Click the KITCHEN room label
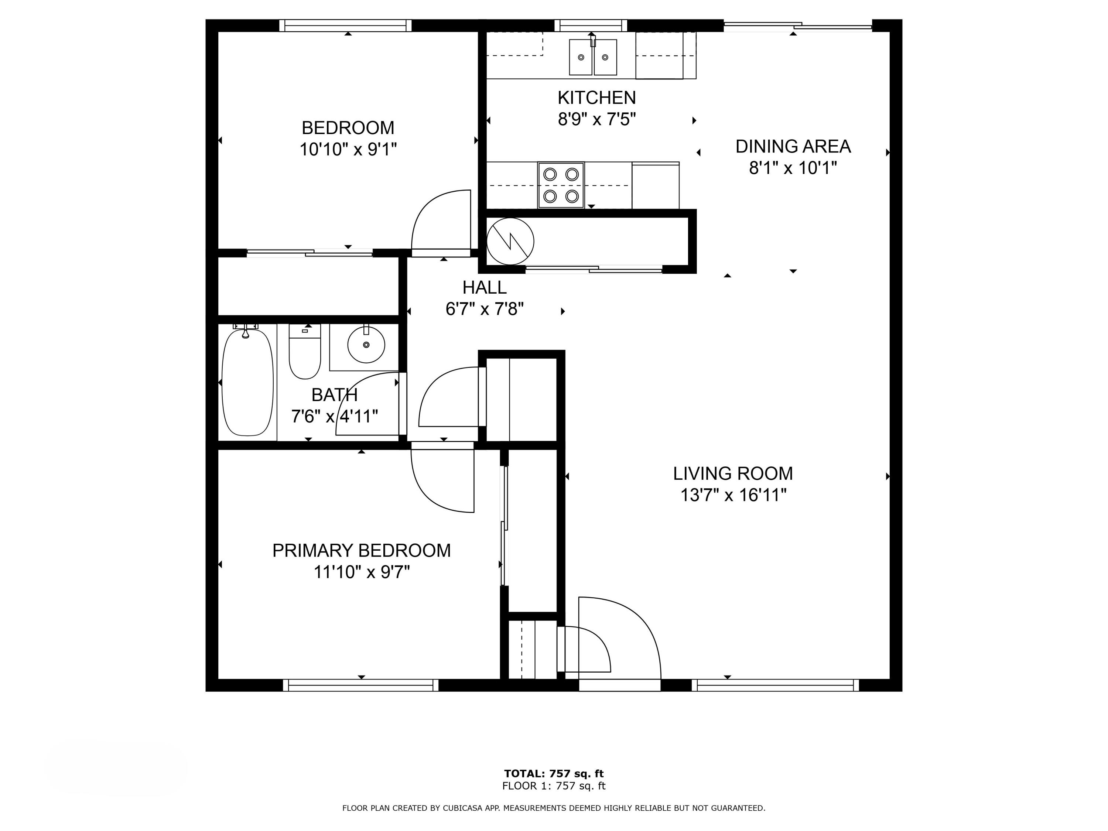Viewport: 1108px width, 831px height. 596,97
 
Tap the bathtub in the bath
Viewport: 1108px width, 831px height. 247,382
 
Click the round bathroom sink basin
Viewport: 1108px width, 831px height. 366,345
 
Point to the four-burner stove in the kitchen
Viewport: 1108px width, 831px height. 561,185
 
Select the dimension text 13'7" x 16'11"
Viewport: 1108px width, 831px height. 733,495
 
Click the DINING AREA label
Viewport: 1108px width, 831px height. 793,146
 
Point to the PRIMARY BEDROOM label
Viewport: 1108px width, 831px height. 361,551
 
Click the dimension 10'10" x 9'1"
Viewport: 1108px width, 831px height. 348,149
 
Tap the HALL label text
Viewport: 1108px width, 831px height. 484,287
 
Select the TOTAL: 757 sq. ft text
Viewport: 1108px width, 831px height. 554,774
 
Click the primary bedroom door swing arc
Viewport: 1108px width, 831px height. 431,496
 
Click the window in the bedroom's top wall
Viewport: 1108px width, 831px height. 346,25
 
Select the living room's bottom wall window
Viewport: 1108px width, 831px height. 775,685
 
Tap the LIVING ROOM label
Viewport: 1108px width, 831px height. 733,473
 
